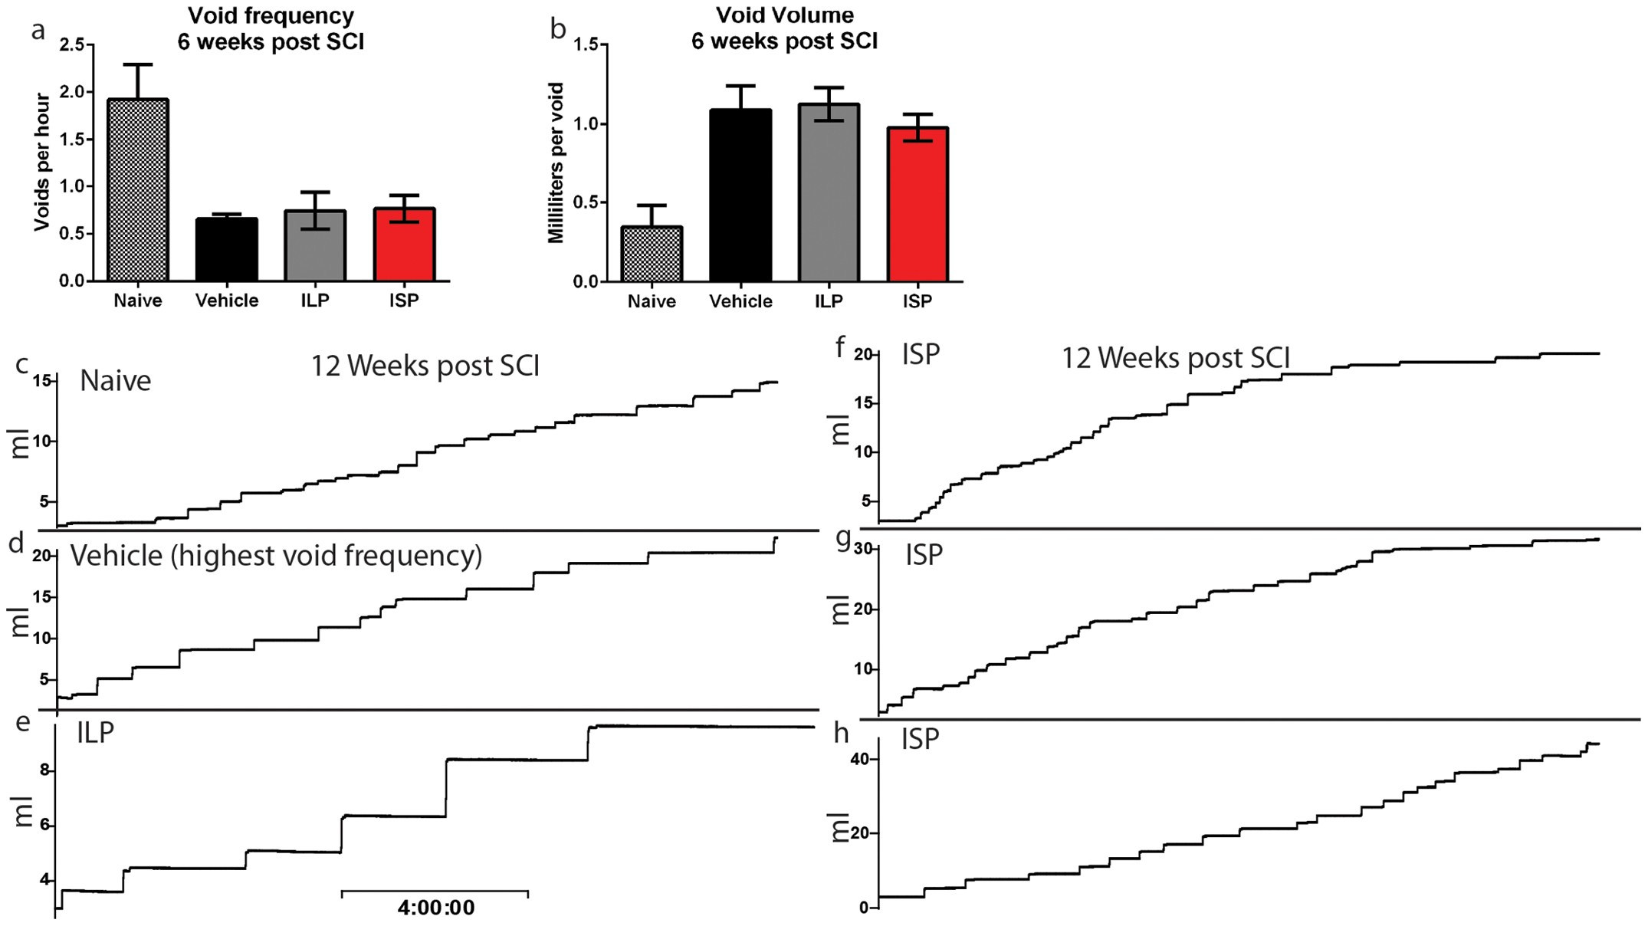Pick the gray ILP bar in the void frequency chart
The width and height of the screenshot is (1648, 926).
[315, 245]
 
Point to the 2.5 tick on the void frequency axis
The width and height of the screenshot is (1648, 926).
[73, 45]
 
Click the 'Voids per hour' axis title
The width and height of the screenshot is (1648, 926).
[41, 162]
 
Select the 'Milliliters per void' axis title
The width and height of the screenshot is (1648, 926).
[556, 163]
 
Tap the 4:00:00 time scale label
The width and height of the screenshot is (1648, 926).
[436, 908]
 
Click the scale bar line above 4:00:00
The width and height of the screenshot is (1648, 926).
[435, 892]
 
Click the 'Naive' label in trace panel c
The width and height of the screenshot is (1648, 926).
[116, 381]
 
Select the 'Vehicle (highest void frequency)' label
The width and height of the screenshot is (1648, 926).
[276, 555]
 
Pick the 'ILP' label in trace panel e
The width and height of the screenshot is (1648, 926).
[95, 732]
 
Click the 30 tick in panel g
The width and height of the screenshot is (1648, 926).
[864, 549]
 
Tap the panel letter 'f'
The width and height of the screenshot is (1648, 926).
[840, 347]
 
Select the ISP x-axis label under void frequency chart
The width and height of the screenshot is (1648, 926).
[404, 300]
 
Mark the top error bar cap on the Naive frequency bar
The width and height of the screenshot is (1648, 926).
[138, 64]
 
